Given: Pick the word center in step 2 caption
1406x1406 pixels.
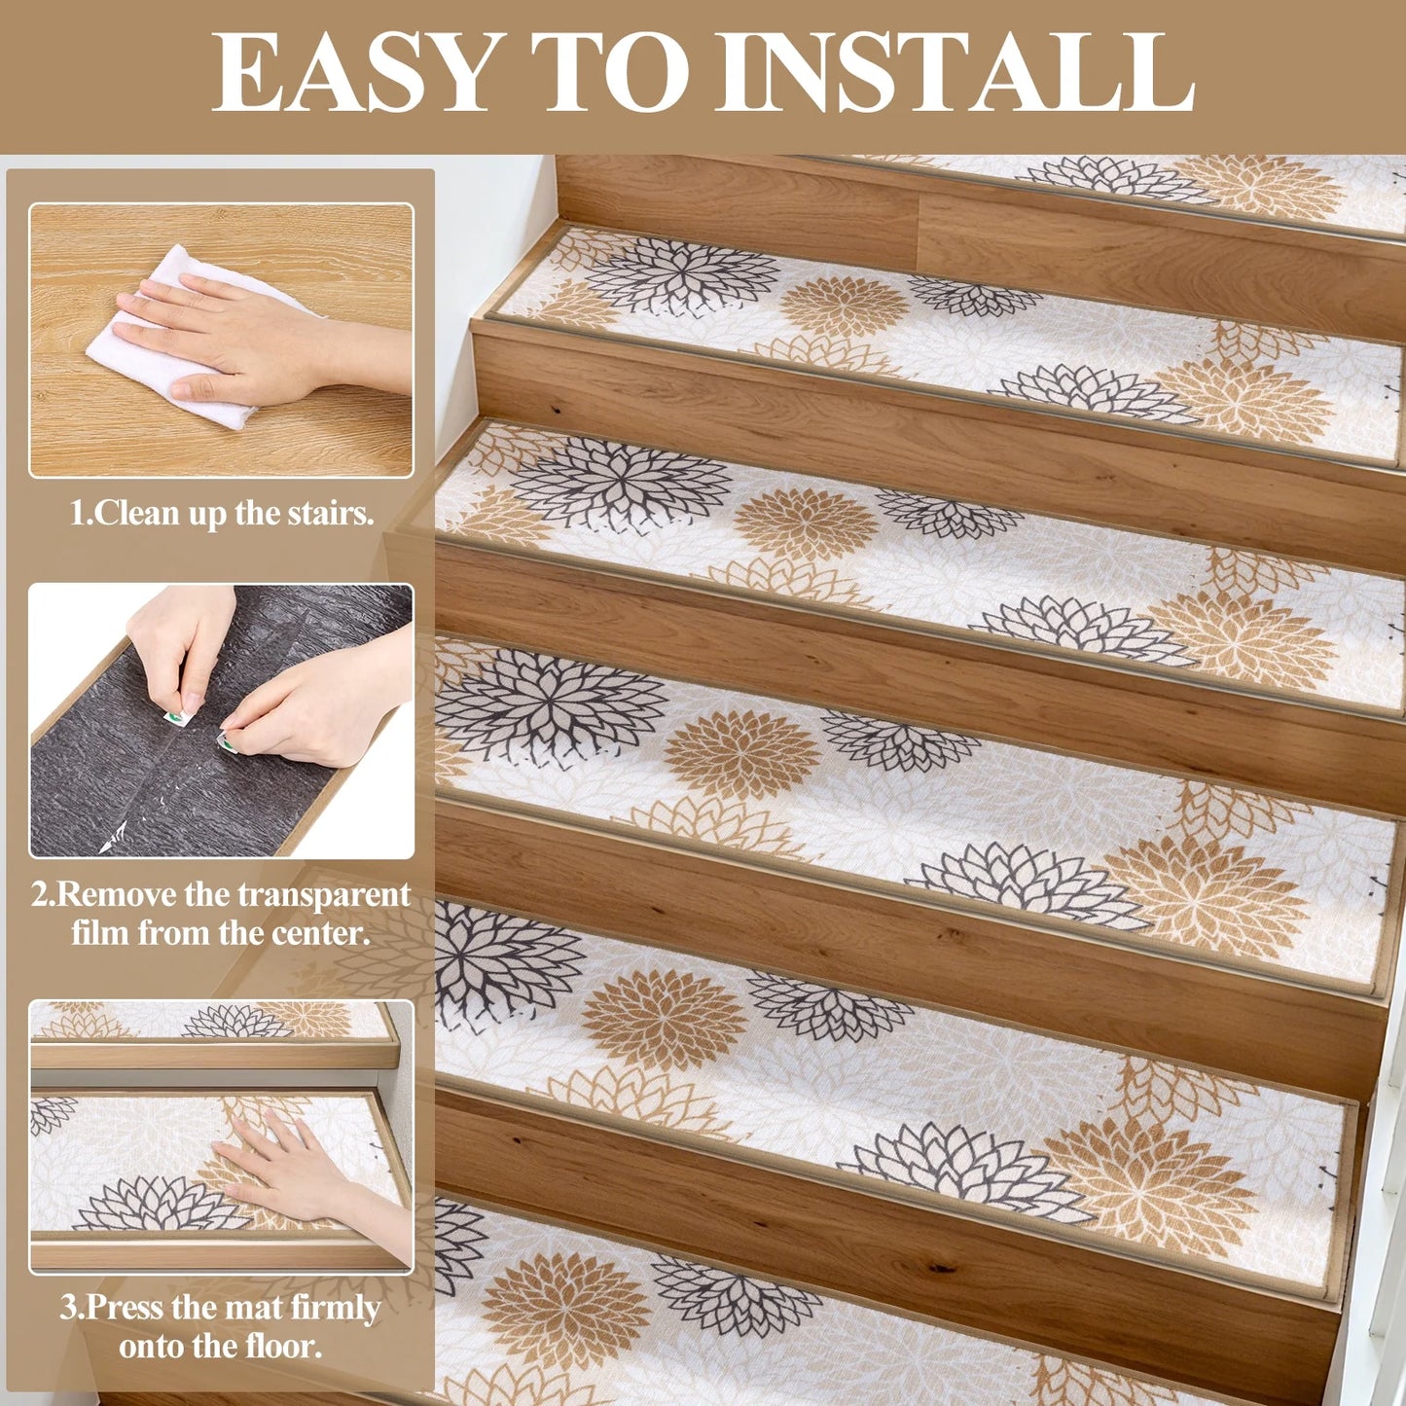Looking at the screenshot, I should click(321, 933).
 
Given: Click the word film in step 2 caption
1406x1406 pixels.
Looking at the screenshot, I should click(101, 933).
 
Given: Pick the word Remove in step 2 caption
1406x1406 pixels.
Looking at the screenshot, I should click(117, 894).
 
